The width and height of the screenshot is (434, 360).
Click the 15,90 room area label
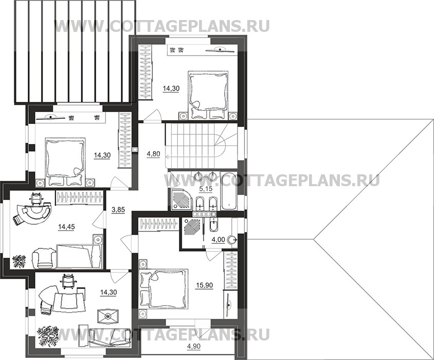click(204, 285)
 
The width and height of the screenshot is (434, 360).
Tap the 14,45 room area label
click(66, 227)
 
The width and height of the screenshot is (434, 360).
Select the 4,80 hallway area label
click(153, 153)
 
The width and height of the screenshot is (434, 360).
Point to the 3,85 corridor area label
click(118, 210)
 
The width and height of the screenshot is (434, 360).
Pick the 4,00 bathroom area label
click(218, 240)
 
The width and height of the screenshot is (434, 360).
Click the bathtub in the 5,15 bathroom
click(229, 191)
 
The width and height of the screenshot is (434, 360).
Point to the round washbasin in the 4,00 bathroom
click(232, 240)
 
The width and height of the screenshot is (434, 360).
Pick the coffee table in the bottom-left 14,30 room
click(107, 316)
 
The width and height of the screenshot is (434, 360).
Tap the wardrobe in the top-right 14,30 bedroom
click(146, 71)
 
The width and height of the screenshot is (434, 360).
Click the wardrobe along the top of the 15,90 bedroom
click(158, 224)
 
